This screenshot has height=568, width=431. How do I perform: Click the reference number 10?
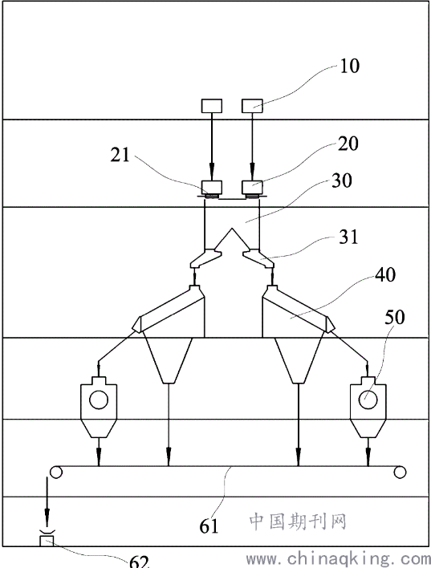pyautogui.click(x=349, y=67)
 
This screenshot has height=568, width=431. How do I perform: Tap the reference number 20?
pyautogui.click(x=348, y=144)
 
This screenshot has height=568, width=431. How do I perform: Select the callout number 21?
pyautogui.click(x=120, y=155)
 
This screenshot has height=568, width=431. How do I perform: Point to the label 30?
pyautogui.click(x=341, y=180)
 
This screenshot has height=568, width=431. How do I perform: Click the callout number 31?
pyautogui.click(x=348, y=237)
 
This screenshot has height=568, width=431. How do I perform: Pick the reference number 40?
pyautogui.click(x=385, y=275)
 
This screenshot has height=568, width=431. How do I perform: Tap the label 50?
pyautogui.click(x=394, y=318)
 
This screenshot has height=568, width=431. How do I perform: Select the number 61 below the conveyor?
pyautogui.click(x=209, y=526)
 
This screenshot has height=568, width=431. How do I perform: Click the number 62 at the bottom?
pyautogui.click(x=139, y=562)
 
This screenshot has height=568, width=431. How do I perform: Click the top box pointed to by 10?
pyautogui.click(x=252, y=106)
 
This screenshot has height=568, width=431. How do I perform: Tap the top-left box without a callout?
pyautogui.click(x=212, y=106)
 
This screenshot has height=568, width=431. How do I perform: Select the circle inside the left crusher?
pyautogui.click(x=99, y=400)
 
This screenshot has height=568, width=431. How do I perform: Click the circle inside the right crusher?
pyautogui.click(x=368, y=400)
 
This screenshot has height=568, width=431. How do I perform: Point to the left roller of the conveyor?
pyautogui.click(x=56, y=472)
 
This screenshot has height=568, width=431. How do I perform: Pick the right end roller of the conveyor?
pyautogui.click(x=400, y=472)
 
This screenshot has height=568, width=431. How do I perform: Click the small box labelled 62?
pyautogui.click(x=46, y=542)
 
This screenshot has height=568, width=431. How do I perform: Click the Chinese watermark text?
pyautogui.click(x=298, y=521)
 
